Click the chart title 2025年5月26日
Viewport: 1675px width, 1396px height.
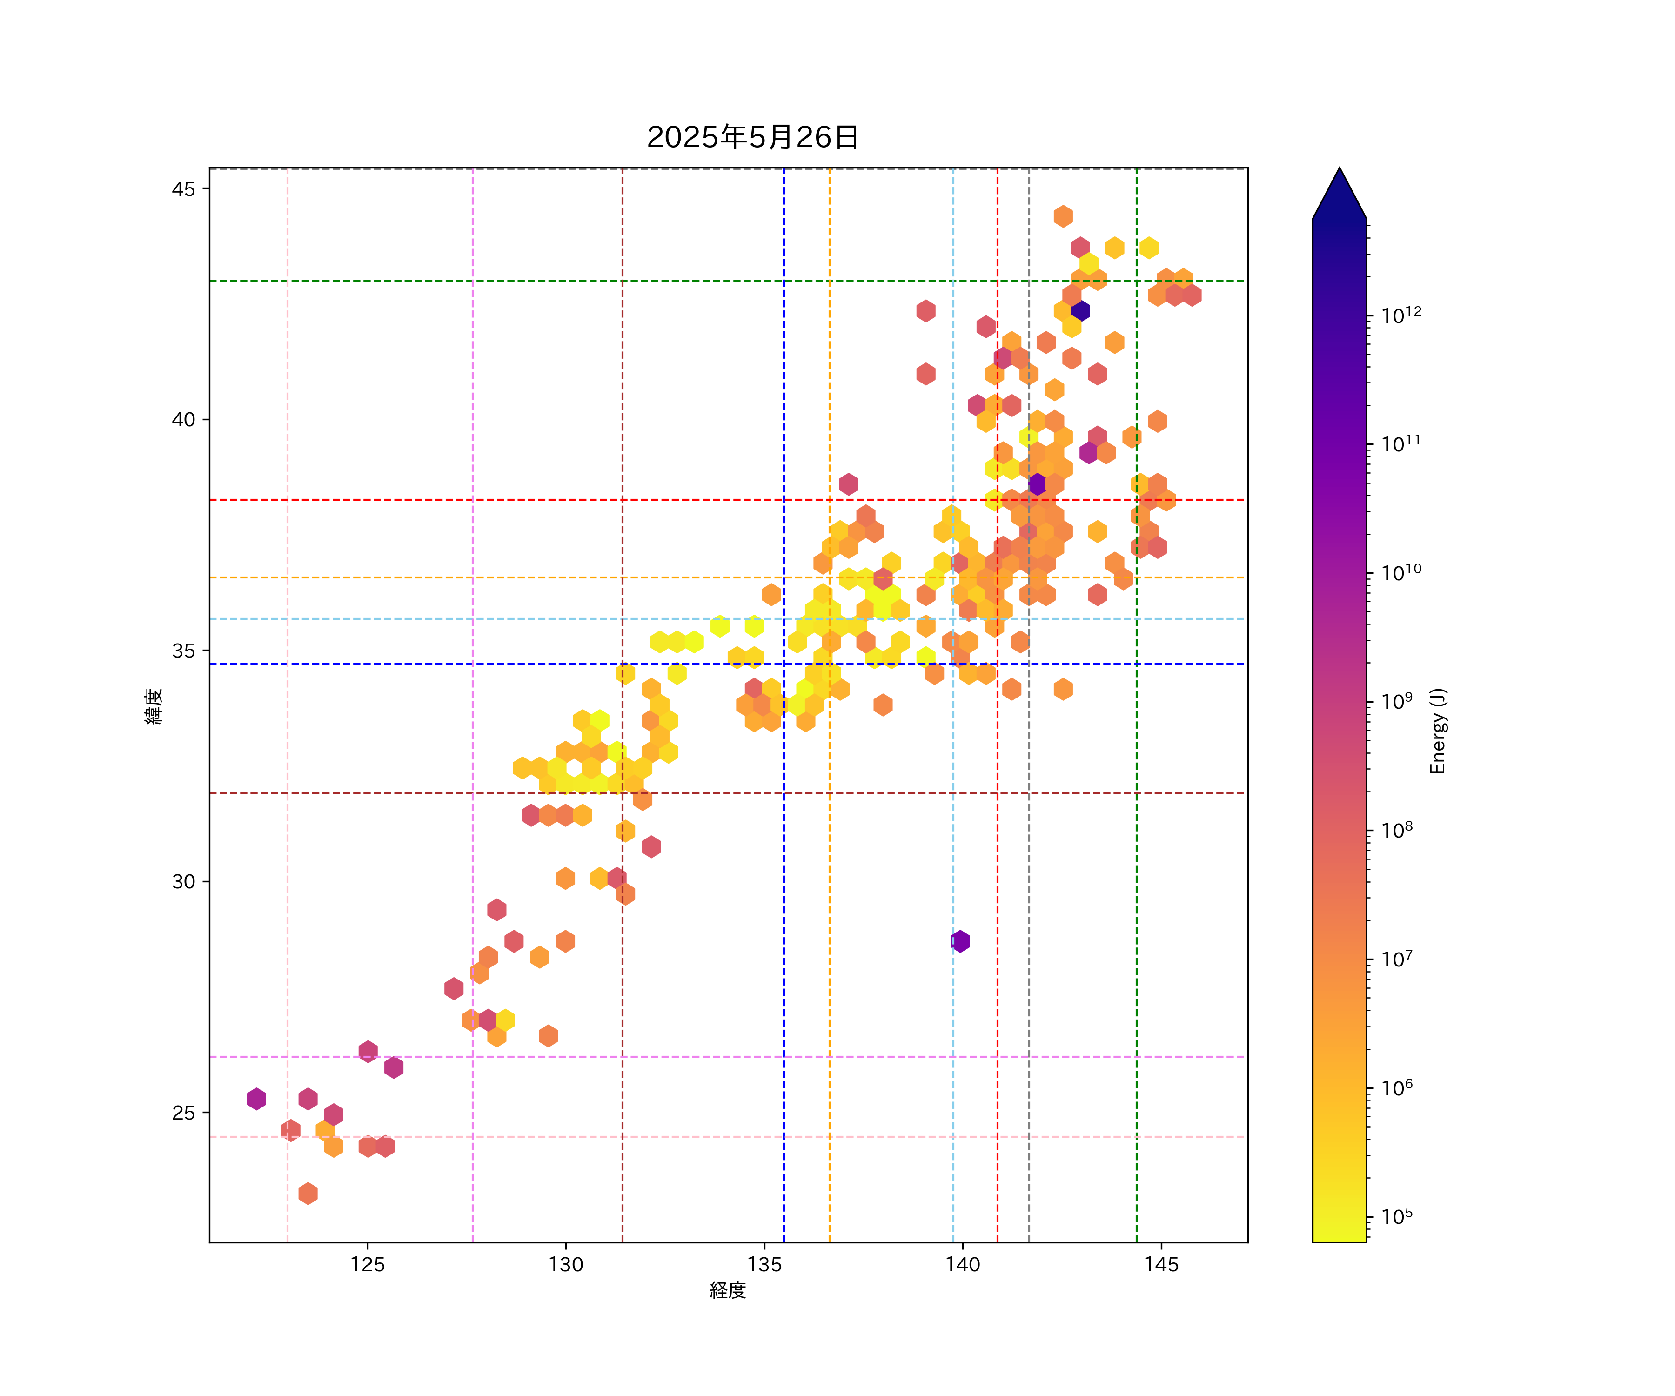click(x=752, y=137)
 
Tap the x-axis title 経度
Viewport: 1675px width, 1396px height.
click(x=727, y=1290)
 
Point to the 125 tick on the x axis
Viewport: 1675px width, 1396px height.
click(x=368, y=1264)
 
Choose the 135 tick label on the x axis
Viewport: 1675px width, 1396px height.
click(x=764, y=1264)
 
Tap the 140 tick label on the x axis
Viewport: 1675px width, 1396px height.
click(x=963, y=1264)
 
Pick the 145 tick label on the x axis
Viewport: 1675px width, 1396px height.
click(x=1161, y=1264)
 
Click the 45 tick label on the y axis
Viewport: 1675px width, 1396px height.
click(x=183, y=189)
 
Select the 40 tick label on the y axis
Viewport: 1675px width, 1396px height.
click(x=183, y=420)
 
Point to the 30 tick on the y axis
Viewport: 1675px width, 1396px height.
click(x=183, y=881)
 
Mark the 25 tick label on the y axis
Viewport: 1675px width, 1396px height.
click(x=183, y=1113)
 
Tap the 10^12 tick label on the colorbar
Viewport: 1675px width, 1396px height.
click(x=1401, y=315)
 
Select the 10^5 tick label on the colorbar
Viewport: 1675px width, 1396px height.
click(x=1397, y=1216)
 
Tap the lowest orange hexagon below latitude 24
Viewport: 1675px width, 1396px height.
click(x=308, y=1194)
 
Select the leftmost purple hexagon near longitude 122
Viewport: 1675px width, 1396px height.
click(x=256, y=1099)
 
